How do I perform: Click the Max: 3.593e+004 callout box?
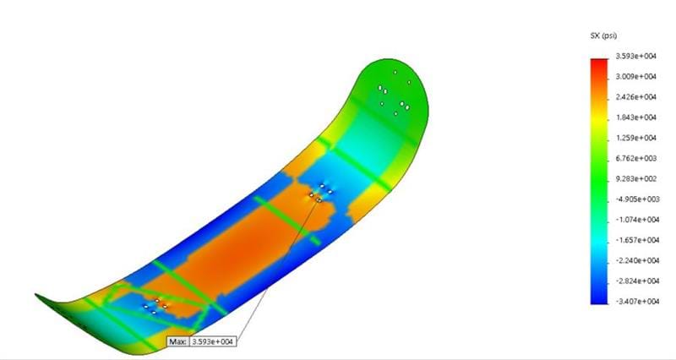click(201, 341)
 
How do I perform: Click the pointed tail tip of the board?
click(37, 296)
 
